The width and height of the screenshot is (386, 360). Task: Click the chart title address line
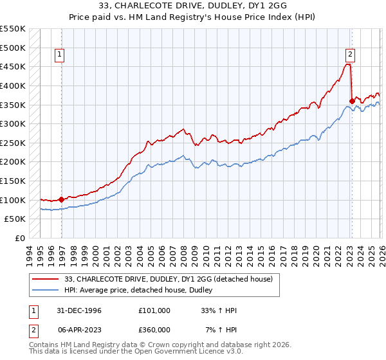(192, 5)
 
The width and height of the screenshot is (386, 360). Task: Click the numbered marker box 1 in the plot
(59, 55)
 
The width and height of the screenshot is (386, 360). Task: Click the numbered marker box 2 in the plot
(350, 55)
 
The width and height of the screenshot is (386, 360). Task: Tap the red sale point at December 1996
(61, 199)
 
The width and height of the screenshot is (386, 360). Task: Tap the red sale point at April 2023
(352, 100)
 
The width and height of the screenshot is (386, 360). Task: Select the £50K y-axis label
(15, 219)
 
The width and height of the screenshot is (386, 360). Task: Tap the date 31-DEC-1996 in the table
(75, 310)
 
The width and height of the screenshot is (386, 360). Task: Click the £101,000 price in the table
(154, 310)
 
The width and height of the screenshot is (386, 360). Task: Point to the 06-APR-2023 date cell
(75, 329)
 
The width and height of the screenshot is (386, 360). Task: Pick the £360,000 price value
(154, 329)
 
